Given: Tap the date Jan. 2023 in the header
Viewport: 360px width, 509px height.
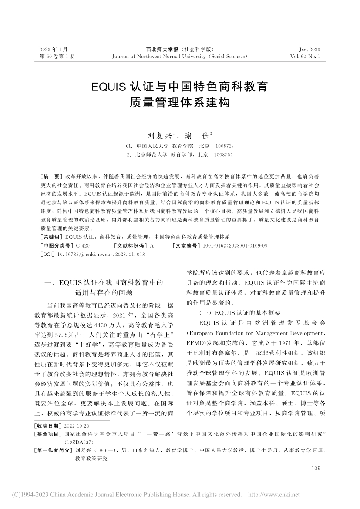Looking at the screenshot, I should click(x=310, y=50).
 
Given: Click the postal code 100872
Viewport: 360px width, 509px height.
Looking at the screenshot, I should click(x=226, y=146).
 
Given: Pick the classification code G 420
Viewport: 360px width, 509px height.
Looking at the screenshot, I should click(x=83, y=246).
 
